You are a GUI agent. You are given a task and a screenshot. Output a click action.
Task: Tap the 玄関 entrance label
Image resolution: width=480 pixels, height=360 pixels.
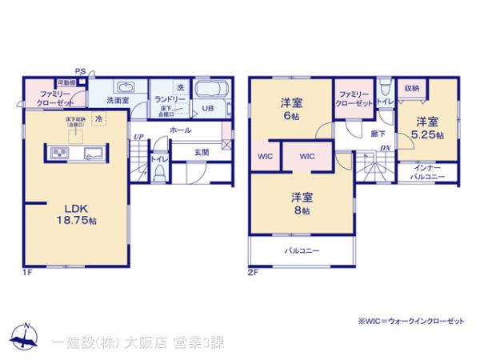coord(202,152)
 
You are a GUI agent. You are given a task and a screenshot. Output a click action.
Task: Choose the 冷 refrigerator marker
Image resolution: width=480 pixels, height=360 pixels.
coord(98,118)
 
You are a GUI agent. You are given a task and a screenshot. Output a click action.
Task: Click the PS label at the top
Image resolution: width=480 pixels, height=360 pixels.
coord(81,71)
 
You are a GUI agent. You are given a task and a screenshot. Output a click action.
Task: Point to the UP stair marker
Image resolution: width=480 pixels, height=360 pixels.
coord(139,137)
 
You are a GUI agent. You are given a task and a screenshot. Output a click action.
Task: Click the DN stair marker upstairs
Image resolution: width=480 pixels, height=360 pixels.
coord(385,148)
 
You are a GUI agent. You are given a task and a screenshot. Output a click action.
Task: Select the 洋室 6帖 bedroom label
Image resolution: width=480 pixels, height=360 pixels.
coord(290,109)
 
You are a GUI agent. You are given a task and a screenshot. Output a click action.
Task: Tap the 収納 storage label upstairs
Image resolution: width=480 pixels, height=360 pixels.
coord(411,88)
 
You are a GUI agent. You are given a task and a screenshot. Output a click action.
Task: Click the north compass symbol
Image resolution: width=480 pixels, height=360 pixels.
coord(25,337)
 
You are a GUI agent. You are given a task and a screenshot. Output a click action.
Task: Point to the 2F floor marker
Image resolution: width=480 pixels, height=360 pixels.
coord(254,273)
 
